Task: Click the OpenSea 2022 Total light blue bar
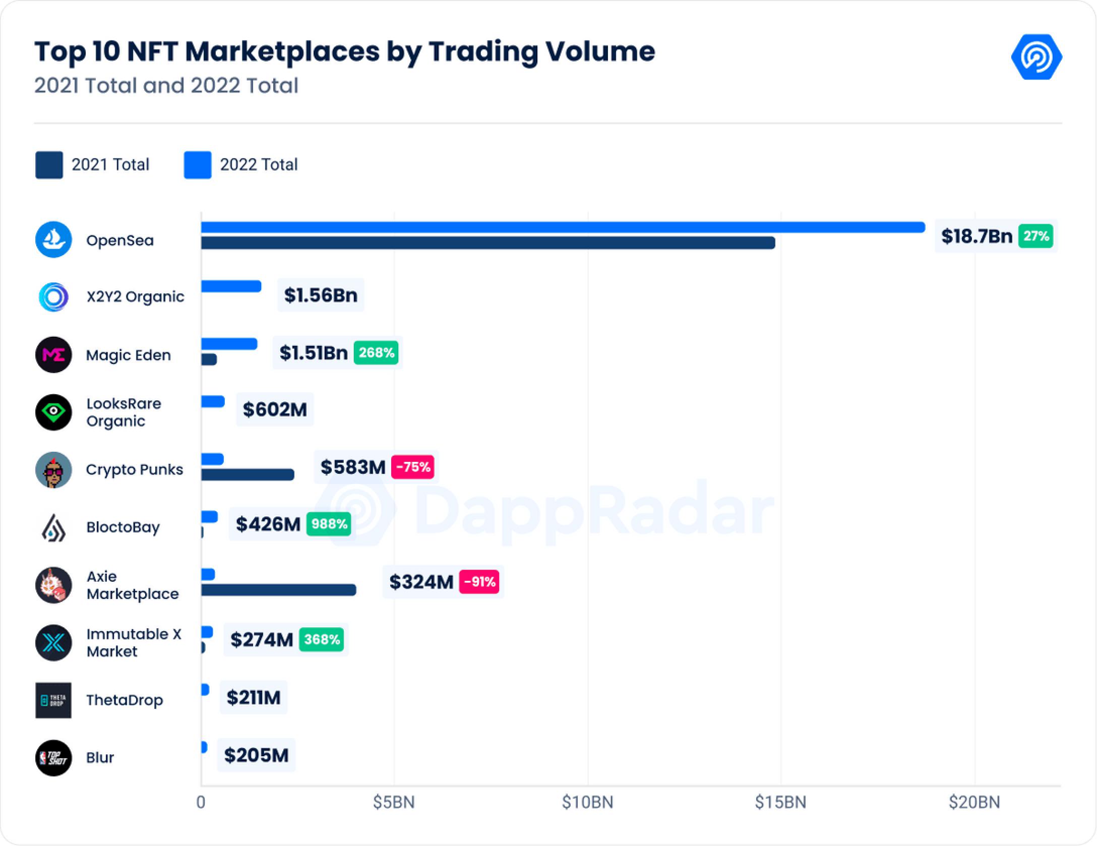[562, 227]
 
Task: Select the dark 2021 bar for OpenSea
[487, 243]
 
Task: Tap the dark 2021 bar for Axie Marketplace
[278, 590]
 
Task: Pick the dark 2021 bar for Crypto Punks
[247, 474]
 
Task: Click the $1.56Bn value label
[321, 295]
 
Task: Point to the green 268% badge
[376, 352]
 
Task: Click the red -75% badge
[413, 467]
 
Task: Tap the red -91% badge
[479, 582]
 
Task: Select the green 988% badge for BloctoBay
[329, 524]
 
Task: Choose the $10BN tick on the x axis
[588, 802]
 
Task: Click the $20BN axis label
[974, 802]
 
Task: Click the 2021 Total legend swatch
[49, 165]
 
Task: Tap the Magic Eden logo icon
[53, 355]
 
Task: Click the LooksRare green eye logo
[53, 412]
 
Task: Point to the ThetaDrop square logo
[53, 700]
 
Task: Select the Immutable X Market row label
[134, 642]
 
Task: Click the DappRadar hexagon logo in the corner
[1037, 57]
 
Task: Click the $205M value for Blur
[256, 755]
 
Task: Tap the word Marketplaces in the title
[282, 51]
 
